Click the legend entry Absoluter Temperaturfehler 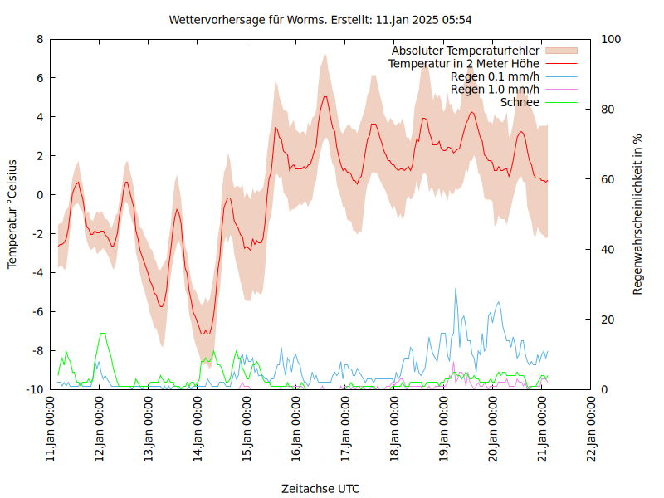(x=466, y=51)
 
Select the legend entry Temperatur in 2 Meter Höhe (x=464, y=63)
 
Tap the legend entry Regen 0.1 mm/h (x=495, y=76)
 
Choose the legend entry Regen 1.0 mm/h (x=495, y=89)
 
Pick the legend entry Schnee (x=520, y=102)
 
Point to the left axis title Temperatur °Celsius (x=12, y=213)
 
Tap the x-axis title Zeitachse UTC (x=320, y=488)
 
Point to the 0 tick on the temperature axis (x=40, y=195)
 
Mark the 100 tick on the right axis (x=610, y=39)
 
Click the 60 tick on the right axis (x=607, y=179)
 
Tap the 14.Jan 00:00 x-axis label (x=199, y=428)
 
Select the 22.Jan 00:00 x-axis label (x=593, y=428)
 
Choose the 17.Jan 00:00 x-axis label (x=347, y=428)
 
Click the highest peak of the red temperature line (x=325, y=96)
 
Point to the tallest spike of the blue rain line (x=455, y=289)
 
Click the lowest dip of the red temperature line (x=206, y=334)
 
